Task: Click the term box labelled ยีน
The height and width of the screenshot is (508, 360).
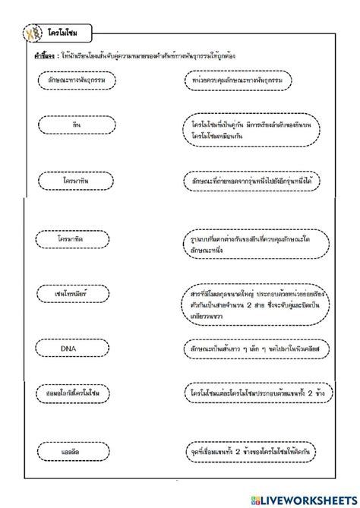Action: pyautogui.click(x=75, y=123)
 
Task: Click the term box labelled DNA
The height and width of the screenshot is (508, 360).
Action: pyautogui.click(x=75, y=349)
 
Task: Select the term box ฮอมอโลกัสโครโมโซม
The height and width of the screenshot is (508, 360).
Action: pyautogui.click(x=75, y=394)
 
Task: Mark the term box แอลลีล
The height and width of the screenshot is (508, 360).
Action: pyautogui.click(x=75, y=451)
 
